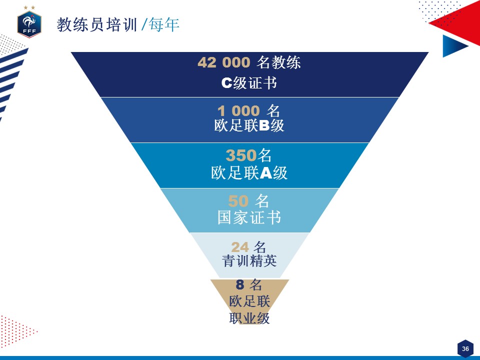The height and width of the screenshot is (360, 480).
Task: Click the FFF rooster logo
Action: click(x=29, y=23)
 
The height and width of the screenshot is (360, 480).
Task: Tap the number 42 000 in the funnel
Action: click(x=223, y=62)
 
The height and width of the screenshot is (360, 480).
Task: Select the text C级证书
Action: click(x=249, y=83)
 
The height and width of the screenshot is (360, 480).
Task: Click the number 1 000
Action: click(x=238, y=110)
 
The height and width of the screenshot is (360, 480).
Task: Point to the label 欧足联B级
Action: click(x=249, y=126)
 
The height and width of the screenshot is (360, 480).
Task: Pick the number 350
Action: click(x=240, y=155)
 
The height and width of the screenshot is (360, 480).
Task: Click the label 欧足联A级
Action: click(x=249, y=173)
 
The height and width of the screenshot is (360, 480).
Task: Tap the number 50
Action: click(x=238, y=201)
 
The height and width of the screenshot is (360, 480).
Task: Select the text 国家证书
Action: click(x=249, y=217)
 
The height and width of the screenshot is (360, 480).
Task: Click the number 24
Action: click(x=239, y=247)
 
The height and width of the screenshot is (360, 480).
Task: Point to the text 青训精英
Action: click(x=249, y=261)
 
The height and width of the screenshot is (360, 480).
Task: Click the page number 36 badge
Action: click(x=465, y=348)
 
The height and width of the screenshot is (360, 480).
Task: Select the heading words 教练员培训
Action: click(x=96, y=24)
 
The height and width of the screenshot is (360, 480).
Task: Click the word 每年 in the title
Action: click(x=164, y=24)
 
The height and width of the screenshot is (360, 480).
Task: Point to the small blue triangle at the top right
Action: click(x=453, y=46)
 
